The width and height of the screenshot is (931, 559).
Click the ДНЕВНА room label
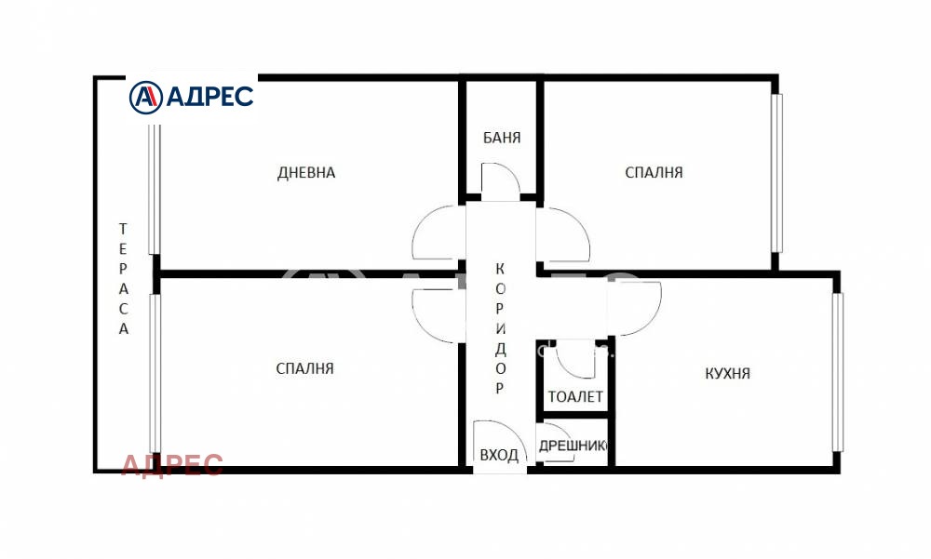306,172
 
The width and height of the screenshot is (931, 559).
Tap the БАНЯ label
502,138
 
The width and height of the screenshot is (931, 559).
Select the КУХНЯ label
727,374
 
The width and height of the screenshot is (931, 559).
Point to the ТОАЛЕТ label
575,396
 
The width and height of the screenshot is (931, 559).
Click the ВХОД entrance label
499,455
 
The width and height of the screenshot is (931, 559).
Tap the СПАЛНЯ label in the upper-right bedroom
654,172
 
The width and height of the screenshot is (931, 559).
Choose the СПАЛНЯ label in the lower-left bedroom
304,368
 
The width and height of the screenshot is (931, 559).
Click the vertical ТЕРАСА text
123,278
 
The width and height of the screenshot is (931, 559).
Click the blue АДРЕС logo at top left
192,96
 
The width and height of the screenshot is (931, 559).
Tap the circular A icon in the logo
144,96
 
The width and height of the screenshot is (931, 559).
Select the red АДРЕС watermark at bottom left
172,464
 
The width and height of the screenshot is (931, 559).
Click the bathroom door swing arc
499,180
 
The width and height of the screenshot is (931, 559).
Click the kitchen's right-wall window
837,372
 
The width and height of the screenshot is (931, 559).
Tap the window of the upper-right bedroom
776,172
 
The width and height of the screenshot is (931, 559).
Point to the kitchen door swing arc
639,307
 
